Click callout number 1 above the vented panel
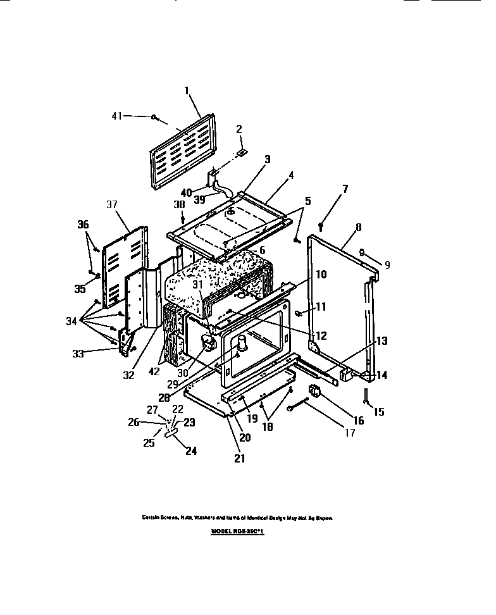click(187, 90)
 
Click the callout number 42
click(154, 372)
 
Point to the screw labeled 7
click(321, 223)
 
